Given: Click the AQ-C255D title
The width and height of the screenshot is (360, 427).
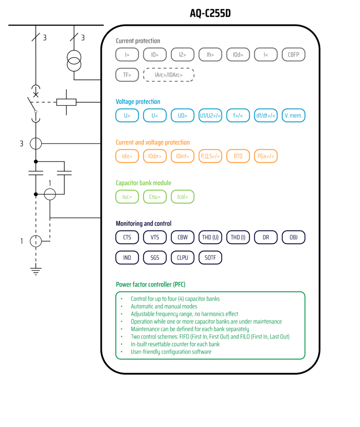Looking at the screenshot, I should (210, 14).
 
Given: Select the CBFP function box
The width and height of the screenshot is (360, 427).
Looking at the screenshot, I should (294, 55).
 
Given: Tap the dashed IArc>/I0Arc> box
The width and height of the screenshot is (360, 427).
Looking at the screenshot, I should (169, 75).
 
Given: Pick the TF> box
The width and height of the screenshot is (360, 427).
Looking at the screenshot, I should (127, 75).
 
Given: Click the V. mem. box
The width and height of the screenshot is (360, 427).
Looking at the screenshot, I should (294, 116).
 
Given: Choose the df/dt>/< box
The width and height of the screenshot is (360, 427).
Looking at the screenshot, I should (266, 116).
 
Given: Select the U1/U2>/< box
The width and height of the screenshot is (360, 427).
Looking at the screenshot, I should (210, 116).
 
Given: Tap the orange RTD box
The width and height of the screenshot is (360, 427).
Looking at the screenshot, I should (238, 156).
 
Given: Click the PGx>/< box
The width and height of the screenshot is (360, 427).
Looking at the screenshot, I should (266, 156).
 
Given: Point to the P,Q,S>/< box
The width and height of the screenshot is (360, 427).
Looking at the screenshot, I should (210, 156).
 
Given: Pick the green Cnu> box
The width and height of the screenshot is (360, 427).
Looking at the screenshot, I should (155, 197).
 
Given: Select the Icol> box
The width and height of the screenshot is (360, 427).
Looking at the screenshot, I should (182, 197).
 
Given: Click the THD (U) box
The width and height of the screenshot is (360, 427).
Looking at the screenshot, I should (210, 237).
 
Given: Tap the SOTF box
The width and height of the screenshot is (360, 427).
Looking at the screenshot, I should (210, 258).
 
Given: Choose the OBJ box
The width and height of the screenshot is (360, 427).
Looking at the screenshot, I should (294, 237).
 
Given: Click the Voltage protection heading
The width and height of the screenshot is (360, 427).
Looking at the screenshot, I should (138, 102).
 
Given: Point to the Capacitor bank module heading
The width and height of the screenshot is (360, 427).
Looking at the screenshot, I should (143, 183).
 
